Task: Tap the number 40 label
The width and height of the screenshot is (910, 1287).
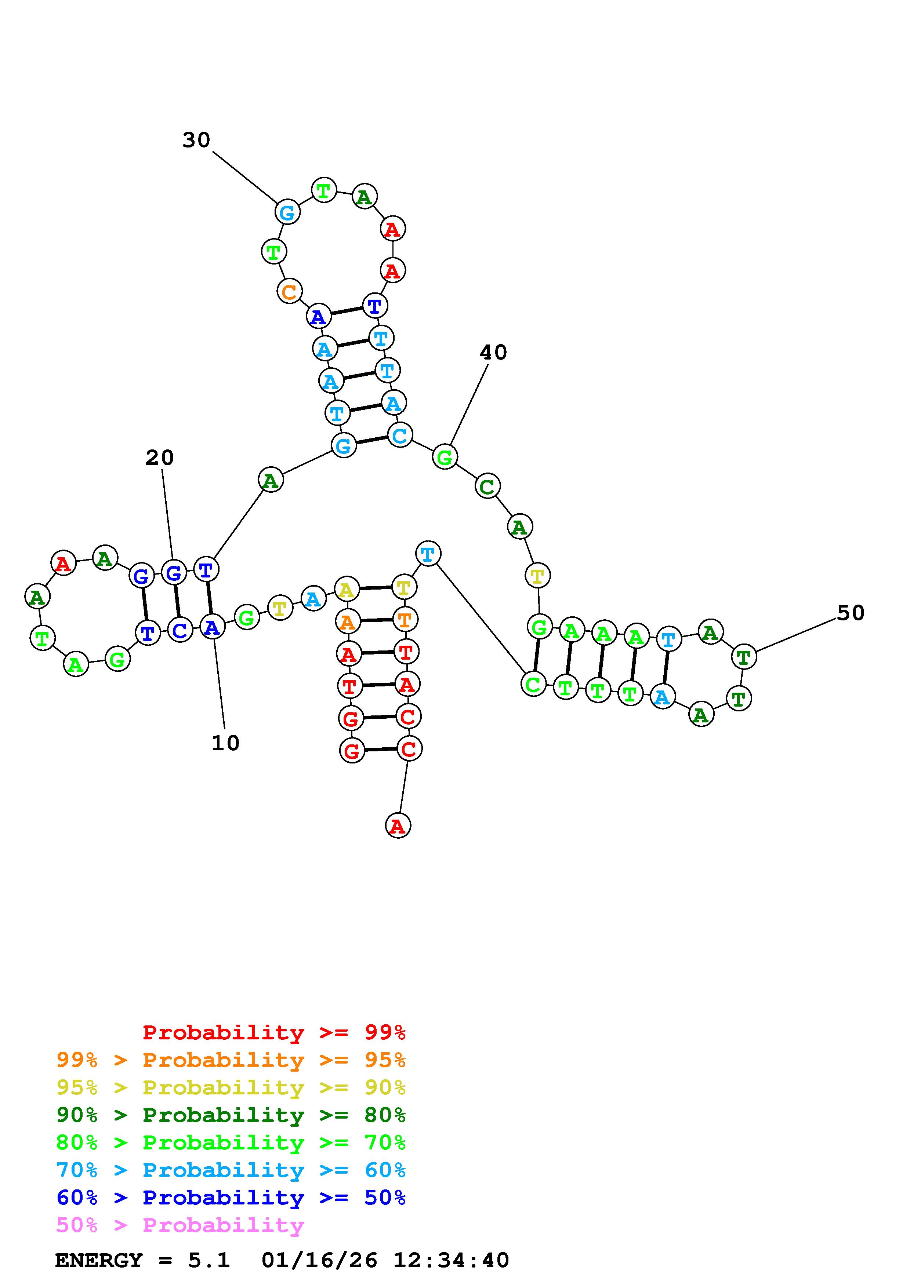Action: pos(493,353)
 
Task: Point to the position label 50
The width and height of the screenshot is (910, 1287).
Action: pos(850,613)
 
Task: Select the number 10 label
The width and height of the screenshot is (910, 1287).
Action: pos(225,743)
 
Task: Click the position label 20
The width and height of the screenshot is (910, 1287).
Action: pos(160,458)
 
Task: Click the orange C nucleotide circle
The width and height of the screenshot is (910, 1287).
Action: pos(289,291)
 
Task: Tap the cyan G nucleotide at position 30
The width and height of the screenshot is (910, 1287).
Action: pos(287,212)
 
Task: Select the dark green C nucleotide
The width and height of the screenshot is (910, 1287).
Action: pos(487,486)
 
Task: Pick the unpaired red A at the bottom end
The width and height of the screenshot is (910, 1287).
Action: pos(398,826)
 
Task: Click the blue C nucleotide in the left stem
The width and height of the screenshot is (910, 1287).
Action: pos(180,631)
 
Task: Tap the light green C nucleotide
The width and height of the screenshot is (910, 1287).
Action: pos(533,684)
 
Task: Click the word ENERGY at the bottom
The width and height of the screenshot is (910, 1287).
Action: pos(99,1261)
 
